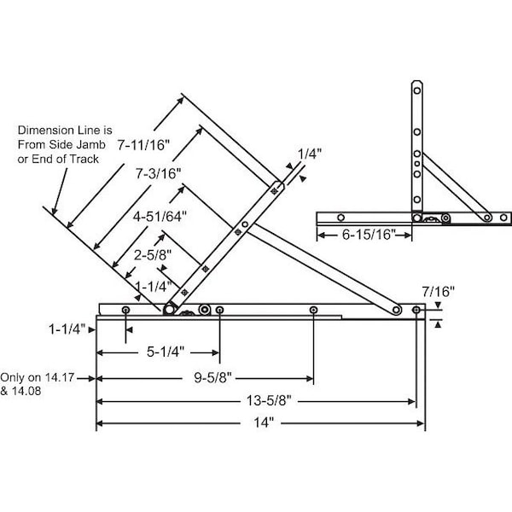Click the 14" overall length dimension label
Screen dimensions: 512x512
tap(264, 422)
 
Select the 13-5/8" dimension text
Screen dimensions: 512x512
tap(269, 401)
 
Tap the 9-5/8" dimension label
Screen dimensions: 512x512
tap(212, 378)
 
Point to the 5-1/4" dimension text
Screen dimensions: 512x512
tap(166, 352)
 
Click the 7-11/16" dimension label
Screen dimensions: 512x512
tap(143, 145)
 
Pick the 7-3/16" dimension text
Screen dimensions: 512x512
tap(159, 174)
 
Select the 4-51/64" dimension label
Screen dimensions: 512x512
tap(160, 217)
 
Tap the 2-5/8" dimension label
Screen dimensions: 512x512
tap(153, 255)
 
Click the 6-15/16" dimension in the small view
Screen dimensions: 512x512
tap(369, 235)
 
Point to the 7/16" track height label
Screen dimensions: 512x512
tap(439, 291)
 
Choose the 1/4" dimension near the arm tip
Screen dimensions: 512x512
tap(310, 154)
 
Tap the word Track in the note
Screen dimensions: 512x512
tap(84, 159)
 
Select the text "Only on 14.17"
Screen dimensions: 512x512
tap(38, 378)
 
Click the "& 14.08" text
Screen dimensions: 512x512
tap(20, 391)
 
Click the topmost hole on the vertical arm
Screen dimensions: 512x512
tap(417, 90)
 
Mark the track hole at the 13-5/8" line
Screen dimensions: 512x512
tap(416, 310)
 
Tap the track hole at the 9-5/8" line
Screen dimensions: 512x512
tap(313, 310)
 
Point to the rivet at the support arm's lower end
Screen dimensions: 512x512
tap(397, 310)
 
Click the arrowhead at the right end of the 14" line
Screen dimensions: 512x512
tap(422, 423)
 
